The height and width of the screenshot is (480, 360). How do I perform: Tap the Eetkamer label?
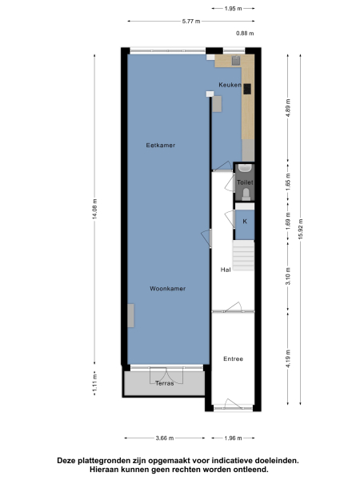(160, 145)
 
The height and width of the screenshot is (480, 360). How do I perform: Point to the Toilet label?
(245, 182)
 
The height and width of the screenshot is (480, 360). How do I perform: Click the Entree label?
(233, 358)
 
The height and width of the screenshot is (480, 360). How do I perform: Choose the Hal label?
(226, 270)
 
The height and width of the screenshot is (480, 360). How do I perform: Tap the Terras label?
(164, 383)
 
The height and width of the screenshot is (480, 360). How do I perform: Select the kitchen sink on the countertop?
(237, 60)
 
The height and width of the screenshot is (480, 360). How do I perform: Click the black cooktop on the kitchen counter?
(248, 89)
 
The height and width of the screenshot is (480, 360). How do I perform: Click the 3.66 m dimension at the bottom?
(165, 438)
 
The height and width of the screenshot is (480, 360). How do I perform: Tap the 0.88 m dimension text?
(244, 34)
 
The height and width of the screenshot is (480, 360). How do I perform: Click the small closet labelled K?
(245, 222)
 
